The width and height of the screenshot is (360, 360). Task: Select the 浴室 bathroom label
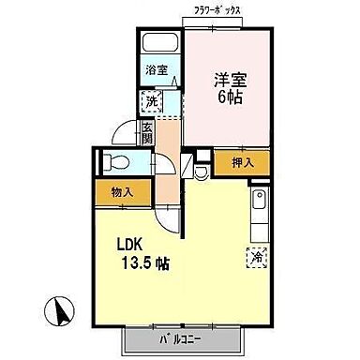pyautogui.click(x=156, y=70)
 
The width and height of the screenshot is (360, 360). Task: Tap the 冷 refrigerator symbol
pyautogui.click(x=257, y=254)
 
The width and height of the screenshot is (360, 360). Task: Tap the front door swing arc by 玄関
pyautogui.click(x=130, y=136)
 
